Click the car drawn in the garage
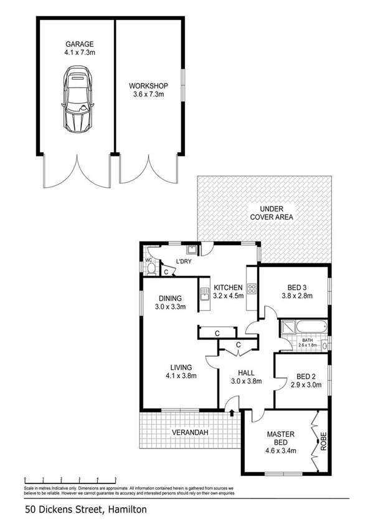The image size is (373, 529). pos(78,100)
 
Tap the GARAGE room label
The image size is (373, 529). pos(80,44)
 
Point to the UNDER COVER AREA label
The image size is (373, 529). pos(271,213)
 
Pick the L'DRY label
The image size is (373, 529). pos(183,261)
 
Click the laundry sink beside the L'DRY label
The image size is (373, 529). pos(193,251)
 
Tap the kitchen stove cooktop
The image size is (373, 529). pos(252,289)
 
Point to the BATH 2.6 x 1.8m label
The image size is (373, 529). pos(308,342)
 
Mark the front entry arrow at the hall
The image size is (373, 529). pos(232,412)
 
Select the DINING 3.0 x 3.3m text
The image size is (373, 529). pos(170,302)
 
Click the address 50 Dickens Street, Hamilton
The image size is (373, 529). pos(86,510)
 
